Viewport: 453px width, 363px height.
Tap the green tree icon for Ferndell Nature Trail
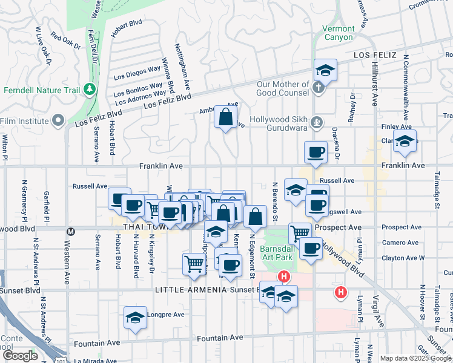coord(90,90)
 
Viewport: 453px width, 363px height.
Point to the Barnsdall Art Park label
coord(277,253)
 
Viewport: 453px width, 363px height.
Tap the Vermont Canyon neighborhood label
coord(338,33)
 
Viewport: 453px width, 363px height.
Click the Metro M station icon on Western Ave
coord(70,231)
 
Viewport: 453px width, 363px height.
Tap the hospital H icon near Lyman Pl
coord(341,292)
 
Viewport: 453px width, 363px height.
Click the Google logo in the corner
coord(20,356)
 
